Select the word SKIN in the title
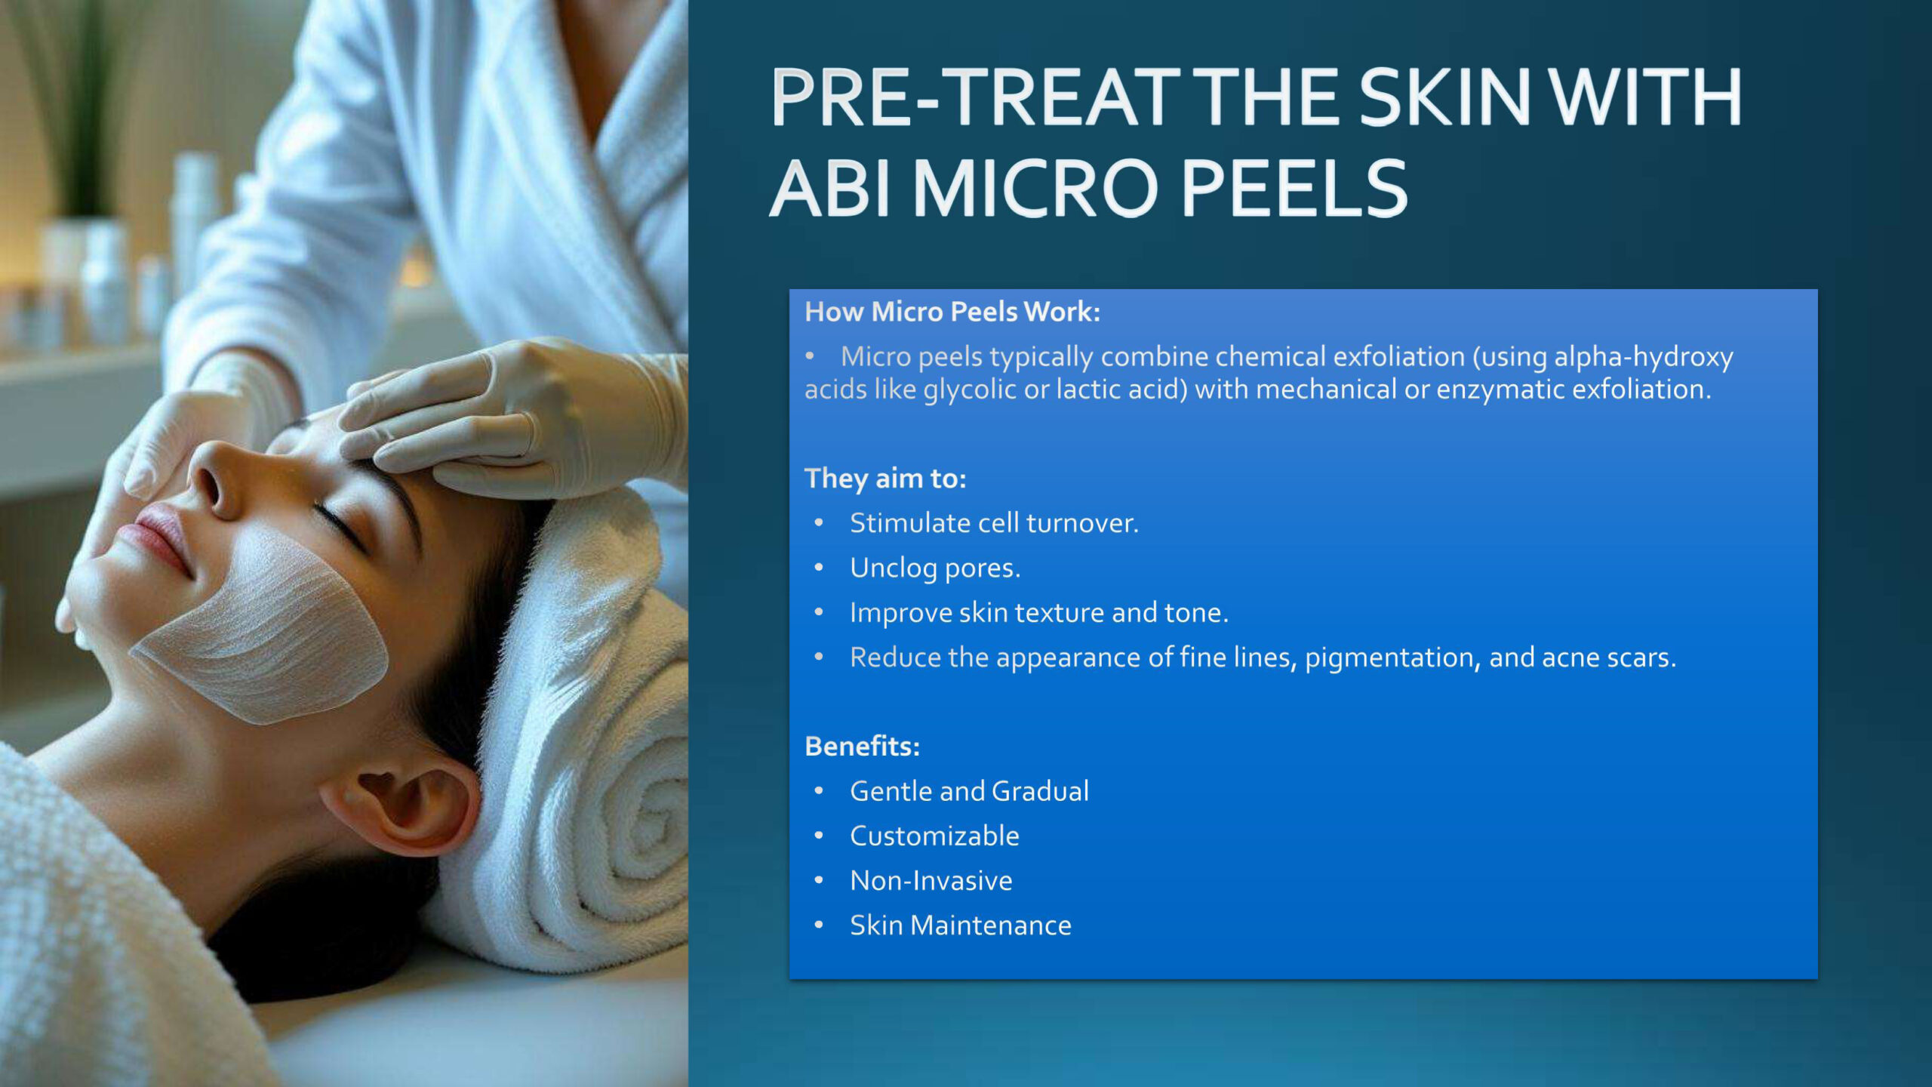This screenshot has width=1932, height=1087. click(x=1444, y=97)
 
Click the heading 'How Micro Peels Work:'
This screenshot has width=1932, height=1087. click(x=952, y=312)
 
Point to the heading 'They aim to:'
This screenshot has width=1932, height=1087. click(x=885, y=479)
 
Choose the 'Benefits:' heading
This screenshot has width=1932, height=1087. click(x=863, y=746)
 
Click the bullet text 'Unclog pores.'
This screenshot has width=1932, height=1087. click(x=935, y=568)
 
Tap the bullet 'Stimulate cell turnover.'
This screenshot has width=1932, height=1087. click(x=994, y=523)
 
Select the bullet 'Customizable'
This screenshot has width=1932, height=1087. click(x=934, y=836)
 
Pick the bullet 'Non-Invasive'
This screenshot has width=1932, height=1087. click(x=931, y=880)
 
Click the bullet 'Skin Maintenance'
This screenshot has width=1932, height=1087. click(x=961, y=925)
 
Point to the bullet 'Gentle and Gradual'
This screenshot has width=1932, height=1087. click(x=969, y=791)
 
